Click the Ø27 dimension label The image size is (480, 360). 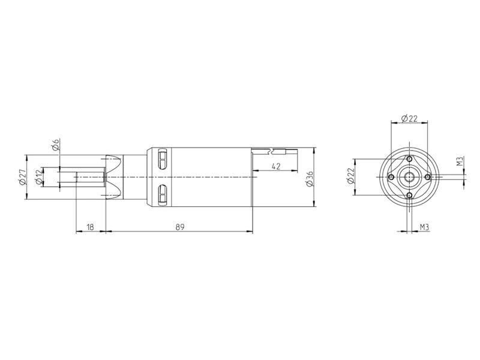22,178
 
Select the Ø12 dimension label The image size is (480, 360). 39,177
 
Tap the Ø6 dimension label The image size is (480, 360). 55,145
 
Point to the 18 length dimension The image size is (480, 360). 91,227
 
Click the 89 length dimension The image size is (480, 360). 180,227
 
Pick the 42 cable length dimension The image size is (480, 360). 276,166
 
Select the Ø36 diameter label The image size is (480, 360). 310,179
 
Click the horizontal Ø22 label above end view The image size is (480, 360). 409,118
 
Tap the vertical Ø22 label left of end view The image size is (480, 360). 351,176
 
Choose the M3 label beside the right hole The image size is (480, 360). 460,161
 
